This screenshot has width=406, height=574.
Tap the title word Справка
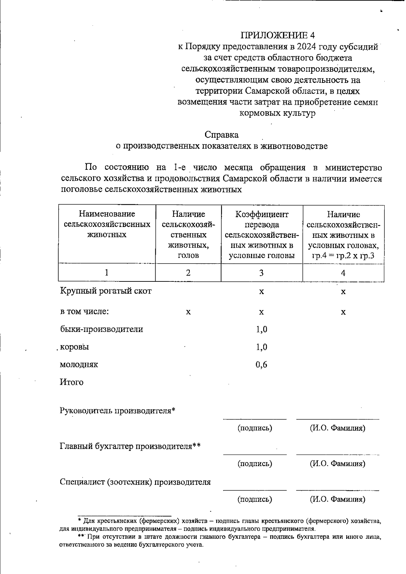click(x=221, y=135)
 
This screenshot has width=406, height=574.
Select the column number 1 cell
click(x=107, y=272)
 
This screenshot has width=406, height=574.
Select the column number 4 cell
click(x=343, y=273)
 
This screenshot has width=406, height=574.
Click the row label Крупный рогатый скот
click(x=106, y=291)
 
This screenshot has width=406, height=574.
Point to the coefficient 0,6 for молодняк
click(x=261, y=364)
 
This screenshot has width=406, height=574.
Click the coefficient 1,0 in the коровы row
click(x=261, y=347)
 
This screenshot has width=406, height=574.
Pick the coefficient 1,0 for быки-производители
click(x=261, y=329)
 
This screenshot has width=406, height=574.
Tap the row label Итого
click(x=71, y=382)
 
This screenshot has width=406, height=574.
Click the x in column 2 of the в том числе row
click(x=188, y=312)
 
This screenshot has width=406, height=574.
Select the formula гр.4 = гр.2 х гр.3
click(x=343, y=255)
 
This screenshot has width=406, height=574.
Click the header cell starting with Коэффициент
click(x=262, y=214)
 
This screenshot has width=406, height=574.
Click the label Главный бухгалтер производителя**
click(x=130, y=446)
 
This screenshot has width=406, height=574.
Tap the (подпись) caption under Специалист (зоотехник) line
click(x=255, y=499)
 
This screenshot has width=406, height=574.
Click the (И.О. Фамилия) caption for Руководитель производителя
click(x=337, y=428)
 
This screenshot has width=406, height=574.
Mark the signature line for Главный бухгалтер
click(x=255, y=454)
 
